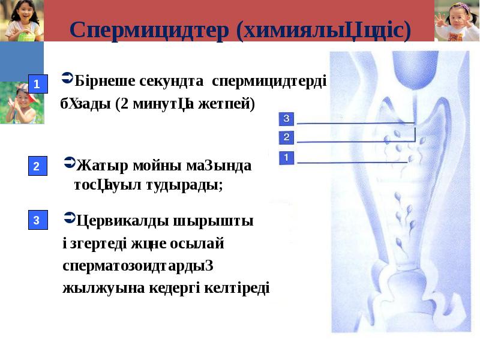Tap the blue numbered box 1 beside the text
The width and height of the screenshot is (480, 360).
pos(37,84)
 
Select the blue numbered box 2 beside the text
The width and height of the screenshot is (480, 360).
pos(37,166)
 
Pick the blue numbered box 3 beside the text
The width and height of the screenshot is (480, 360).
pos(37,221)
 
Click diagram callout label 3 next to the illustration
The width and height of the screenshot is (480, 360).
pos(286,119)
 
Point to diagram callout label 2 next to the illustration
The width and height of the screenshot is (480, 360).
pos(286,138)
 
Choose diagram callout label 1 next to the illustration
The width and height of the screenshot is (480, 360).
pos(286,158)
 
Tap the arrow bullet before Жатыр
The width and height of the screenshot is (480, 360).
pos(68,163)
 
